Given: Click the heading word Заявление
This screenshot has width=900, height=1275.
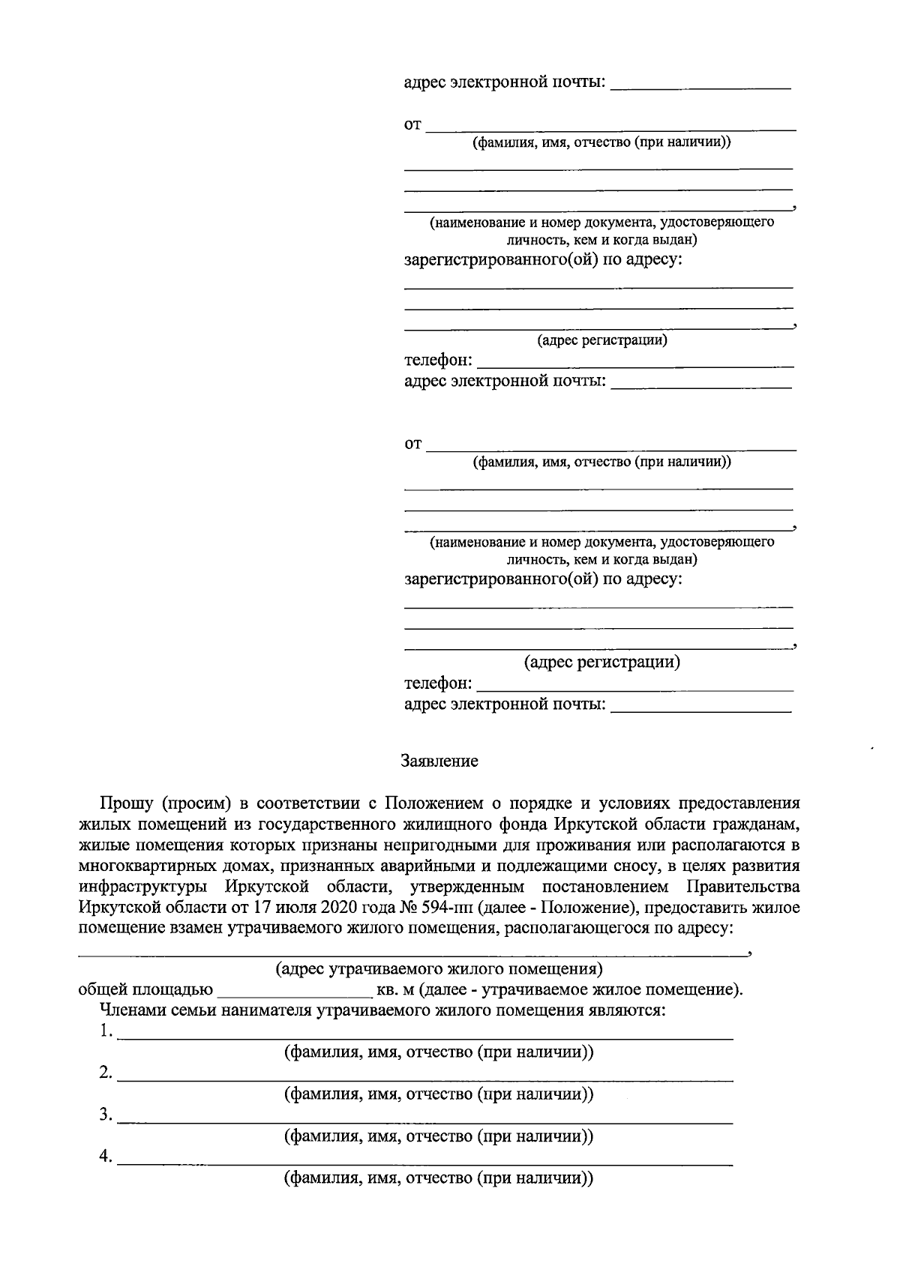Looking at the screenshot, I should point(439,762).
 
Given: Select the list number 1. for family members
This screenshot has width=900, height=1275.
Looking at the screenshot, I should point(106,1032).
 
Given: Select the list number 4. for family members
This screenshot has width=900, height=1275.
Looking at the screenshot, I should point(106,1158).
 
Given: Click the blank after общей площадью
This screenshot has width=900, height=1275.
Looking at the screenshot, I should point(294,990).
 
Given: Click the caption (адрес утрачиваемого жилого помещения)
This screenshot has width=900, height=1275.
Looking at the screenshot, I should point(439,969).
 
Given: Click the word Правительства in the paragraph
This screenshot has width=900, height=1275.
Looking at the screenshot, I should point(742,887).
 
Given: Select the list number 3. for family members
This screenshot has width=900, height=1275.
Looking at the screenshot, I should point(106,1116).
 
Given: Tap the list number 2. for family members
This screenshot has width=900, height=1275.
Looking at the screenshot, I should point(106,1074).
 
